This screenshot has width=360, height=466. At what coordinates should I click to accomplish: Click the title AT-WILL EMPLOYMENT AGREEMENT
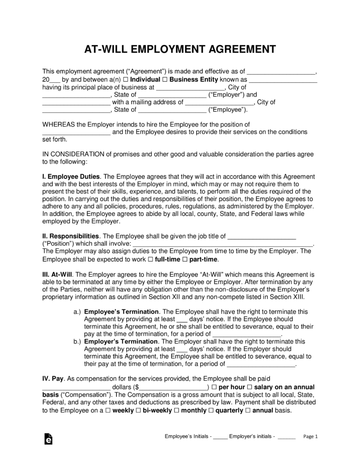(x=180, y=49)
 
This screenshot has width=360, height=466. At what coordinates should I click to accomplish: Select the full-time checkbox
(x=151, y=259)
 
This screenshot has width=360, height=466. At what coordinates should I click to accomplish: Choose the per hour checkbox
(x=214, y=387)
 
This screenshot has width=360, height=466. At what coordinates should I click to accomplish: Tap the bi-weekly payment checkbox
(x=138, y=410)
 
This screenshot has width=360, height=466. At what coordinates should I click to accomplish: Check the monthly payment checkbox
(x=176, y=410)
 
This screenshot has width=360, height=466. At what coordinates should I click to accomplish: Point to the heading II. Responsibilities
(x=71, y=236)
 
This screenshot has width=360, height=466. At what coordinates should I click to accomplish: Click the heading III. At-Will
(x=57, y=275)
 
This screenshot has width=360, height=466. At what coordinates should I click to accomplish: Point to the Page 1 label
(x=310, y=436)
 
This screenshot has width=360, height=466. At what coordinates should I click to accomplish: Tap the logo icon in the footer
(x=47, y=438)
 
